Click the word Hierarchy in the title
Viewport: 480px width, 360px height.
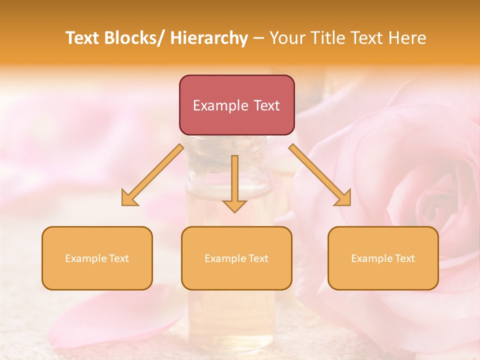[208, 38]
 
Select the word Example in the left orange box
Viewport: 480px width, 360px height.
[85, 258]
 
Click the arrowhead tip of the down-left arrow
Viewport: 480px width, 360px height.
[123, 204]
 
